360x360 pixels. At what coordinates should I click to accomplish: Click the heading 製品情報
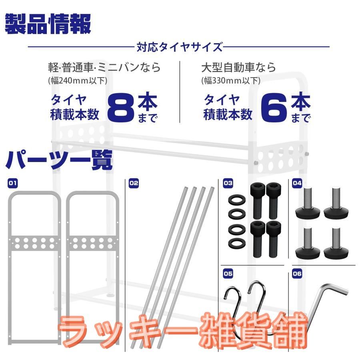pyautogui.click(x=48, y=24)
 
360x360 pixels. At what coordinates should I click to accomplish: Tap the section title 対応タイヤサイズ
pyautogui.click(x=179, y=47)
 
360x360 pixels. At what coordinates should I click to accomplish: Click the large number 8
pyautogui.click(x=121, y=108)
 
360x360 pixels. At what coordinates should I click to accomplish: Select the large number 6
pyautogui.click(x=274, y=108)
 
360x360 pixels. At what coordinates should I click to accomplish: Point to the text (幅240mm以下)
pyautogui.click(x=78, y=80)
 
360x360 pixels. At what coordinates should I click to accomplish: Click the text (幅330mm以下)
pyautogui.click(x=231, y=80)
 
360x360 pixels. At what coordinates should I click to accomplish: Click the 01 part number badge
pyautogui.click(x=13, y=183)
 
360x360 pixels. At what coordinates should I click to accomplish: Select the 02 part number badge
pyautogui.click(x=134, y=183)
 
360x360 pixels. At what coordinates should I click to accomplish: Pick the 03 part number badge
pyautogui.click(x=228, y=183)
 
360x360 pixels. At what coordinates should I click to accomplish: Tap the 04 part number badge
pyautogui.click(x=297, y=183)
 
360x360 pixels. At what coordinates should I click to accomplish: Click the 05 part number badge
pyautogui.click(x=228, y=274)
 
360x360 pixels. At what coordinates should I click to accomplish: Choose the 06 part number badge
pyautogui.click(x=297, y=274)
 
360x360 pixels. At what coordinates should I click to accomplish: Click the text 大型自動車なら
pyautogui.click(x=238, y=68)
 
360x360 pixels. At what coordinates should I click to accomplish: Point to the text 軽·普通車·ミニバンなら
pyautogui.click(x=104, y=68)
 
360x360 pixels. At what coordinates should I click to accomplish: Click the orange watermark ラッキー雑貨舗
pyautogui.click(x=183, y=330)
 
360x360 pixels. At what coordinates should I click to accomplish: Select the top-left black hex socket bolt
pyautogui.click(x=258, y=201)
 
